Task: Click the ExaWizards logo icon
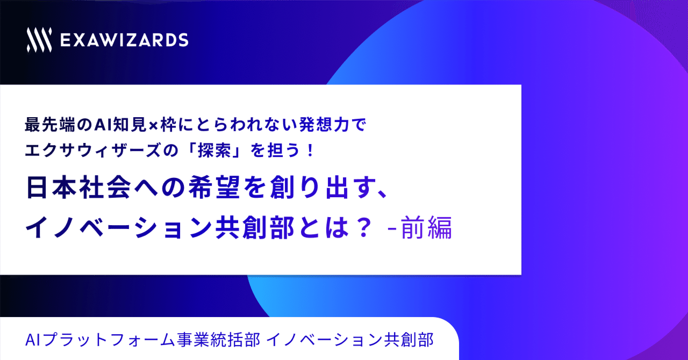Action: [39, 40]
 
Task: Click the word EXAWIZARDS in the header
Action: [124, 40]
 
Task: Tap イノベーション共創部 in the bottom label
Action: [350, 340]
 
